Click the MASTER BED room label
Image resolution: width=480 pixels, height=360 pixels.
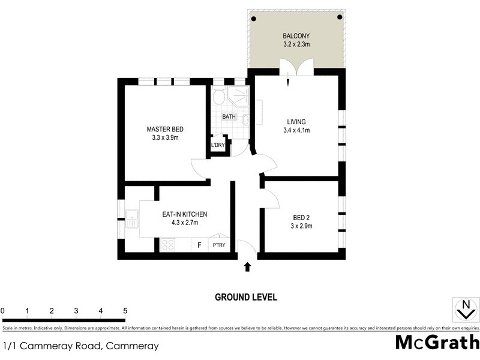pyautogui.click(x=165, y=130)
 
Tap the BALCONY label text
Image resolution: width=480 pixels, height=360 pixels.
pyautogui.click(x=297, y=35)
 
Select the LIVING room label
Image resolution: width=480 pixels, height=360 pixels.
pyautogui.click(x=296, y=122)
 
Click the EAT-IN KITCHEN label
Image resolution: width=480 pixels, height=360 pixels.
pyautogui.click(x=185, y=214)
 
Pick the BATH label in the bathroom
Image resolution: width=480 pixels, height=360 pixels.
pyautogui.click(x=229, y=116)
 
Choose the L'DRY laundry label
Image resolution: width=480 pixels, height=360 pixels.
pyautogui.click(x=217, y=145)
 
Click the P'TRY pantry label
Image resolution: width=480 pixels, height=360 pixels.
pyautogui.click(x=218, y=245)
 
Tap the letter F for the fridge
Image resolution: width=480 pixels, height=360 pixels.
pyautogui.click(x=199, y=245)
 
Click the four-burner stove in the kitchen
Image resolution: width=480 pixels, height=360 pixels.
pyautogui.click(x=167, y=245)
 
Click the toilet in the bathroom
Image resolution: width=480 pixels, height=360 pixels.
pyautogui.click(x=218, y=96)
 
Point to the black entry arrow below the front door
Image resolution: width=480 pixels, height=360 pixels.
pyautogui.click(x=247, y=266)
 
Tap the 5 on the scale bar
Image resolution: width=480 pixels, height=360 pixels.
pyautogui.click(x=125, y=311)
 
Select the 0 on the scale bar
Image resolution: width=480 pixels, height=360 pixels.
pyautogui.click(x=3, y=311)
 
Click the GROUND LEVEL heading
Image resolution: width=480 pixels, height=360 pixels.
pyautogui.click(x=246, y=297)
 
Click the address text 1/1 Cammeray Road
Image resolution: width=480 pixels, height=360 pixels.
pyautogui.click(x=81, y=346)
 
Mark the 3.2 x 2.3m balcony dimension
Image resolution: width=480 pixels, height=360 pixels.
pyautogui.click(x=297, y=44)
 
